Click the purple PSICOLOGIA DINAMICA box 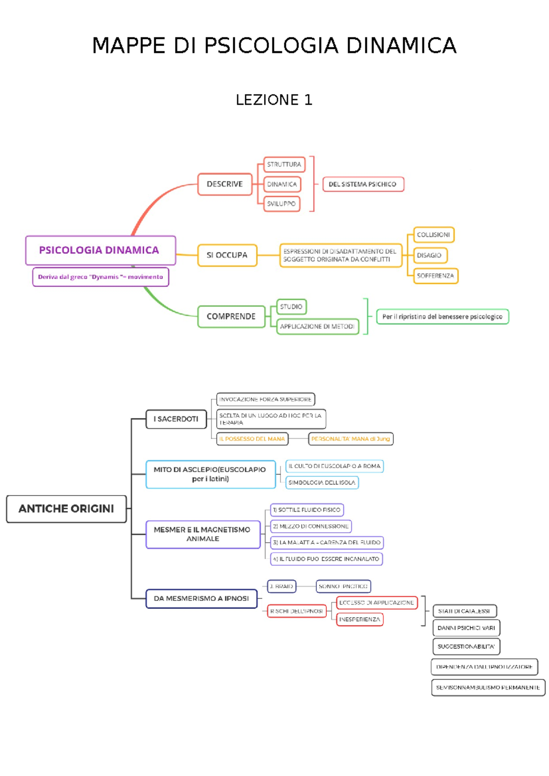101,250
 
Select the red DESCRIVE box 225,184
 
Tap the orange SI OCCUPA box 227,255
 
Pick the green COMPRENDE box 231,316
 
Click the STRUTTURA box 284,164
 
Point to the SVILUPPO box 281,204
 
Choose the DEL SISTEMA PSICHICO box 363,184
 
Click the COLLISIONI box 433,235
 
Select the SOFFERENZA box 435,276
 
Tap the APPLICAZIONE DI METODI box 317,326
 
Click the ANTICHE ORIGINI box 66,509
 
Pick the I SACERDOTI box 176,419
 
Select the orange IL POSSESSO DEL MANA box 252,439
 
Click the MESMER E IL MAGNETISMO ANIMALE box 202,534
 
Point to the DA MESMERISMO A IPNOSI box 201,598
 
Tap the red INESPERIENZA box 360,619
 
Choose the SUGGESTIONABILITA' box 466,647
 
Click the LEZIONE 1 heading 274,100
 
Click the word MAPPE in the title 129,46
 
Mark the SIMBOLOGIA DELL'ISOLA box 322,482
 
